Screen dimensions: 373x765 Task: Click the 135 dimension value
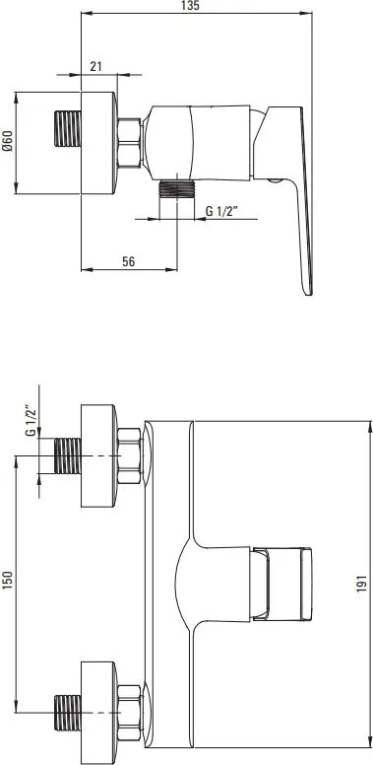[193, 5]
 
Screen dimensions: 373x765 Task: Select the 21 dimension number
[95, 66]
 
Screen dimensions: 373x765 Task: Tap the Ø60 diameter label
[7, 142]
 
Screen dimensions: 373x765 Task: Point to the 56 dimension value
[128, 261]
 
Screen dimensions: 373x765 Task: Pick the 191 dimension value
[361, 583]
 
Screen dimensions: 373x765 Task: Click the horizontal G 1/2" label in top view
[221, 211]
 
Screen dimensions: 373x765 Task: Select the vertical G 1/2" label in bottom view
[31, 421]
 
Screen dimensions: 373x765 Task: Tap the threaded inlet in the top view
[67, 128]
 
